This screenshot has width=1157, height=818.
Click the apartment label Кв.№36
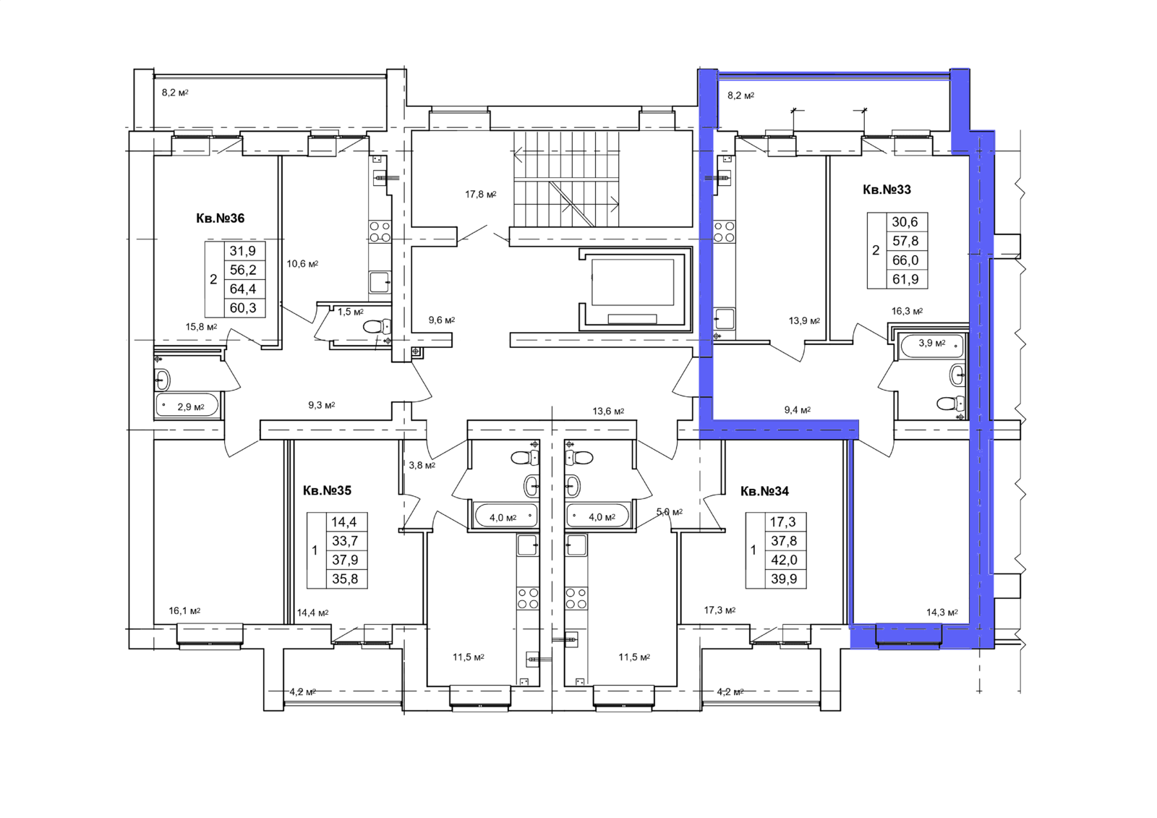pos(220,218)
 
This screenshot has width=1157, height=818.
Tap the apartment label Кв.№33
pos(887,189)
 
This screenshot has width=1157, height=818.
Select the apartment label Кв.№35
pos(327,490)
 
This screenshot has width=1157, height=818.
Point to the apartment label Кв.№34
pos(764,491)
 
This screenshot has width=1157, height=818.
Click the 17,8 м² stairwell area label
pos(481,195)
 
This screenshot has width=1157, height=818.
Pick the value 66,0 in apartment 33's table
pos(905,260)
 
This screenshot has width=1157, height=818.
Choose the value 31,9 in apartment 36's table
pos(243,251)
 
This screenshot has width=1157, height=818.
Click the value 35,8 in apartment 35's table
pos(345,579)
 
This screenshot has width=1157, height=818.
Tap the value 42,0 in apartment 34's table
pos(784,560)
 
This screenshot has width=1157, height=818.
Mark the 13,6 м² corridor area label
pos(608,412)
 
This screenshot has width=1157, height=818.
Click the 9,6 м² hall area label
pos(442,320)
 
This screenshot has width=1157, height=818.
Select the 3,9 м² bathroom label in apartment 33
pos(932,343)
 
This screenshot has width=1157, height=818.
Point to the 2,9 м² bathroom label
pos(191,406)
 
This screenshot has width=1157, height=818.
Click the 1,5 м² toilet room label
pos(351,312)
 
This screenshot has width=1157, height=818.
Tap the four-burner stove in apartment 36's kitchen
pos(380,231)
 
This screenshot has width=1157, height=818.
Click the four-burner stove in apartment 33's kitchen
pos(724,231)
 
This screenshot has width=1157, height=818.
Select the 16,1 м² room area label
pos(184,610)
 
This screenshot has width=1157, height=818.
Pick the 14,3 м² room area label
pos(942,613)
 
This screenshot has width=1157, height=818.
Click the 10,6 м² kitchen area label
pos(303,263)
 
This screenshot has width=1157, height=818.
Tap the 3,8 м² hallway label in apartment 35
pos(422,465)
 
